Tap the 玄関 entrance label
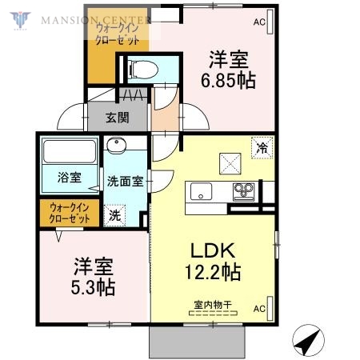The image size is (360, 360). coord(118,117)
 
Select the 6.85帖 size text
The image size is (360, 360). coord(228,81)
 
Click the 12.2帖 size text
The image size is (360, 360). coord(211,271)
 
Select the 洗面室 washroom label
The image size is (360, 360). coord(126,181)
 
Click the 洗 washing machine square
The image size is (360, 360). coord(116,214)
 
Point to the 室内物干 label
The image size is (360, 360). coord(211,305)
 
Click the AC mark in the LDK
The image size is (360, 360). coord(259,308)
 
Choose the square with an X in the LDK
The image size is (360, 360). coord(232,162)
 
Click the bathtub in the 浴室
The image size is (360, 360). coord(69,151)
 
